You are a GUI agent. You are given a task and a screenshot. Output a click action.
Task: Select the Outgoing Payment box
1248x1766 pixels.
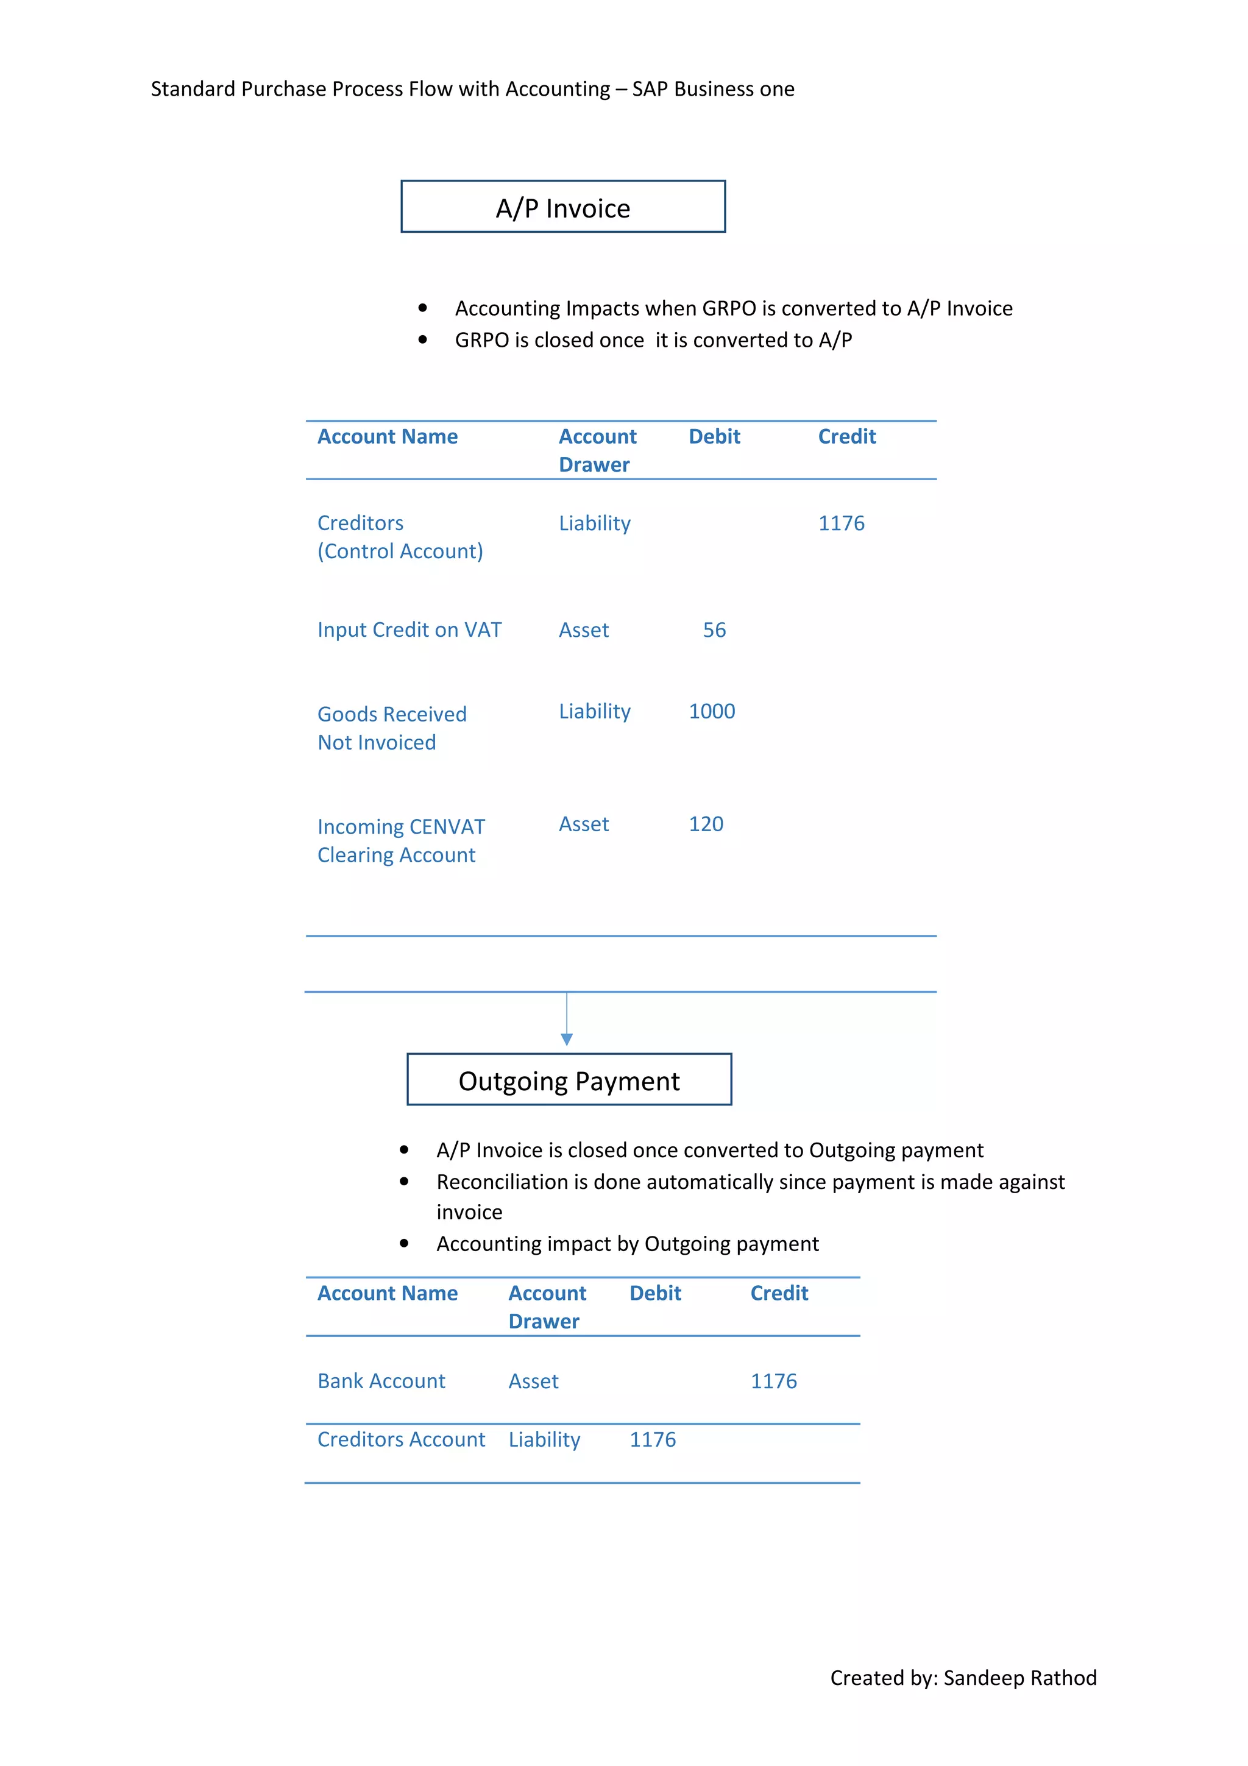tap(569, 1080)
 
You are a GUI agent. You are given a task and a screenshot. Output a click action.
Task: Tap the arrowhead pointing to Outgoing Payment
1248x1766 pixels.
tap(567, 1039)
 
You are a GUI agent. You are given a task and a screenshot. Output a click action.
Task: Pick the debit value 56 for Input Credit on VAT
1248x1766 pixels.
tap(714, 630)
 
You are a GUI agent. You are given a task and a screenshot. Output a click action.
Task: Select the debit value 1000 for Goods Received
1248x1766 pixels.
tap(711, 712)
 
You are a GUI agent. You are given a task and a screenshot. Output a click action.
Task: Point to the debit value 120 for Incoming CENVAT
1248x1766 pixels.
tap(706, 824)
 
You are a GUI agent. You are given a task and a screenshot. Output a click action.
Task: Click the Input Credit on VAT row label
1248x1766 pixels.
tap(409, 630)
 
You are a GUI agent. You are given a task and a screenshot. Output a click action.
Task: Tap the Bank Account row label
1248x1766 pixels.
tap(381, 1381)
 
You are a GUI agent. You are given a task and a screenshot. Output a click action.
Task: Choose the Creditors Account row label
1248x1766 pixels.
tap(402, 1439)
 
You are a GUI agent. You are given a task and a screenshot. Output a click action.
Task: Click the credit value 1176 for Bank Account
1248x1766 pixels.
tap(773, 1381)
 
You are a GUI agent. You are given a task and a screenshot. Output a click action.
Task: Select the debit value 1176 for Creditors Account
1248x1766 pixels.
tap(653, 1439)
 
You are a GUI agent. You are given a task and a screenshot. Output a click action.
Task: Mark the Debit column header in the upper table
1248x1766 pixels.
tap(714, 436)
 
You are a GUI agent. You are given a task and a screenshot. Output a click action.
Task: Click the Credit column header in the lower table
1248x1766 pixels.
tap(779, 1293)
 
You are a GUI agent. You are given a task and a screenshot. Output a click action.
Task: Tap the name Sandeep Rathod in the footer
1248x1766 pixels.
tap(1019, 1678)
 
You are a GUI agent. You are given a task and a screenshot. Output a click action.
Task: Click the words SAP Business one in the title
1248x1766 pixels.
tap(713, 89)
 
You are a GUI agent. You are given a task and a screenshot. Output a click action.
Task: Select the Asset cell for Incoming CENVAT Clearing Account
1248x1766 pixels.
tap(584, 824)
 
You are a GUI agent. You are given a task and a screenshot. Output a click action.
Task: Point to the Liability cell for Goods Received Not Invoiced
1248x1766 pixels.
tap(594, 712)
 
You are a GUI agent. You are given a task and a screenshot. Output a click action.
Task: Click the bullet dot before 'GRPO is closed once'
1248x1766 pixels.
tap(422, 339)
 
